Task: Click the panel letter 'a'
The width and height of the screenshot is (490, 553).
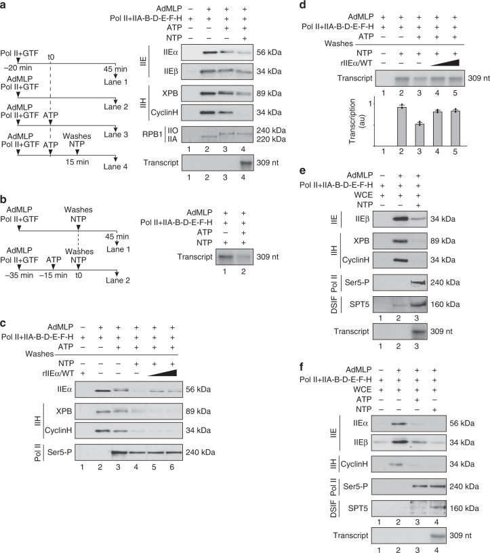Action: (5, 6)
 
